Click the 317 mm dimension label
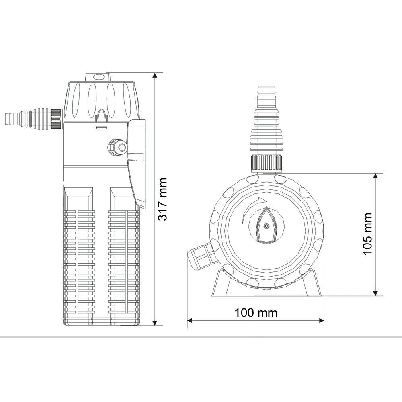[162, 199]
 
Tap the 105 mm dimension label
[367, 234]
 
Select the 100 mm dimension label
[256, 312]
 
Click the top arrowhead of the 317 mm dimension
[155, 76]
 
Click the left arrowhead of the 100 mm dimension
[191, 320]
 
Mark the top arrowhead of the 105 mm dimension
[376, 176]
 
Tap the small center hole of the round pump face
[266, 226]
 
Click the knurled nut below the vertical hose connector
[266, 162]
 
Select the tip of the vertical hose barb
[266, 88]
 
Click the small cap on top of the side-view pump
[96, 77]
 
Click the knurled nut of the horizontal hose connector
[56, 119]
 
